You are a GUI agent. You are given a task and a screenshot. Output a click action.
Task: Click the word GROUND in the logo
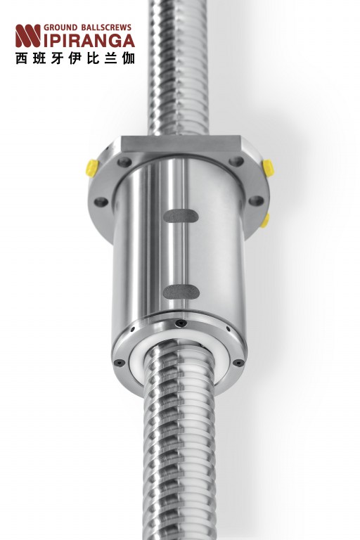coord(60,27)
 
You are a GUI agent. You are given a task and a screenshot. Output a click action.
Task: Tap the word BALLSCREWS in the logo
coord(106,27)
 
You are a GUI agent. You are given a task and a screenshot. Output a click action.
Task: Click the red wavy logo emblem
coord(28,36)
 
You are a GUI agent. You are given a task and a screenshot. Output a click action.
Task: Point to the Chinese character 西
coord(21,58)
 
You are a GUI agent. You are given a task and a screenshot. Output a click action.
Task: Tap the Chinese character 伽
coord(129,58)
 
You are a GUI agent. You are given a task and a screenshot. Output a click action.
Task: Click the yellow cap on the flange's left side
coord(92,168)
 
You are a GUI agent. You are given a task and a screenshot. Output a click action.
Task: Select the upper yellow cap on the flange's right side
coord(268,168)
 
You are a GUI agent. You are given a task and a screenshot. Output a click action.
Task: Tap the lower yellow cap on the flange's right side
coord(265,221)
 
